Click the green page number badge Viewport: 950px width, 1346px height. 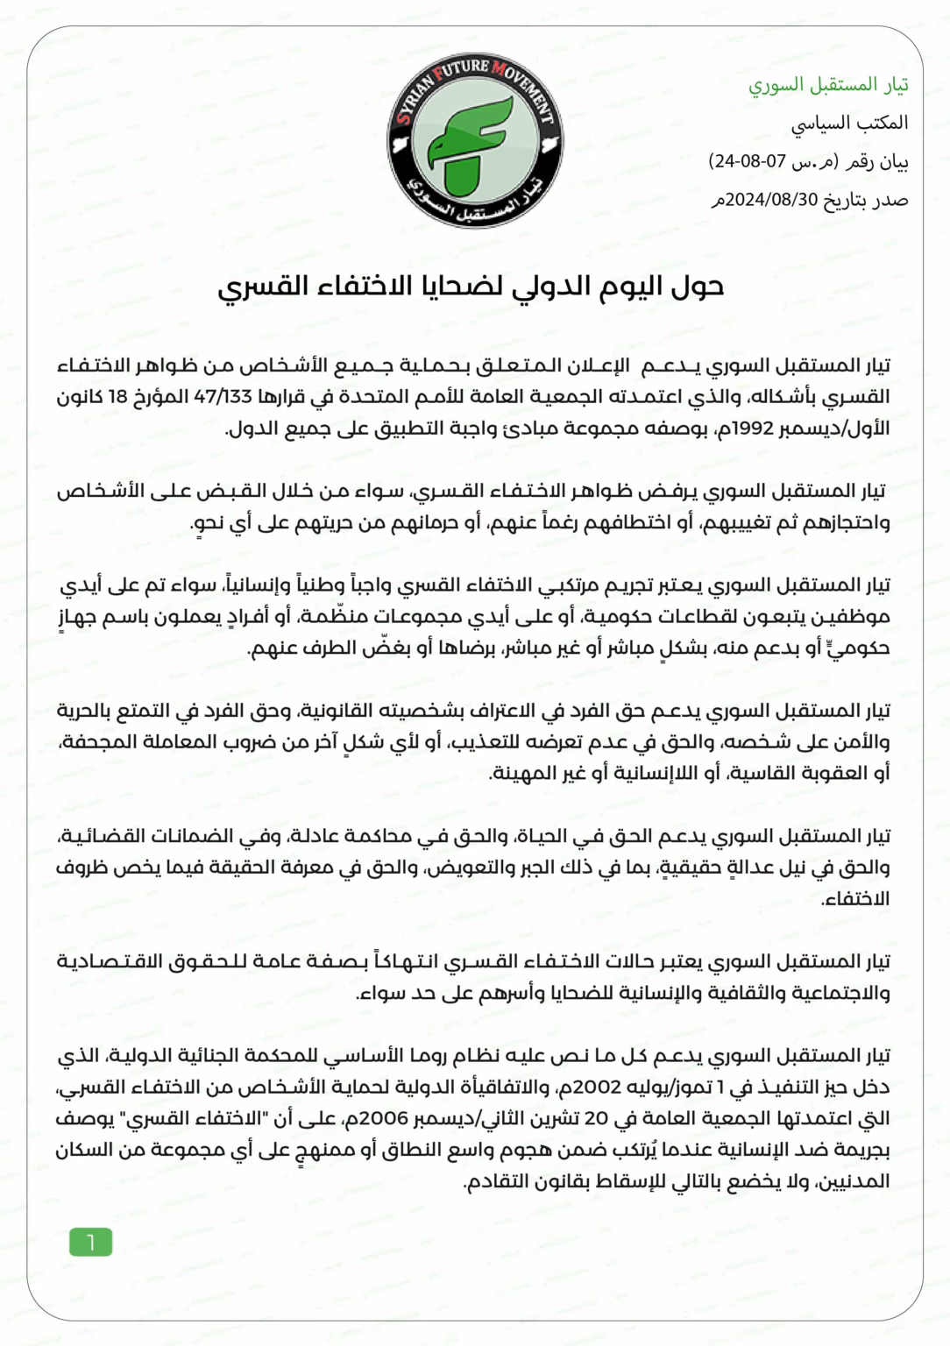coord(90,1242)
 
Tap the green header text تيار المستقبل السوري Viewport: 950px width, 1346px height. coord(827,85)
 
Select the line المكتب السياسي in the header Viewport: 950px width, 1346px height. coord(849,123)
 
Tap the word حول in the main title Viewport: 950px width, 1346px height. coord(698,287)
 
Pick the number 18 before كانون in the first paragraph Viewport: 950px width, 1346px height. coord(117,397)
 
